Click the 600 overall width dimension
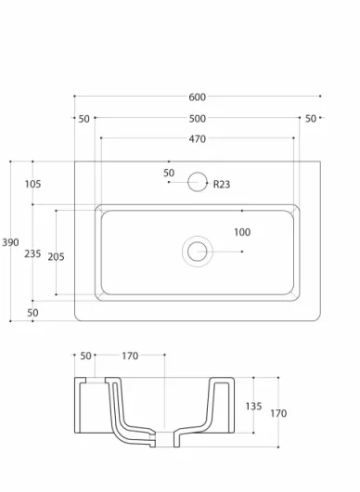tap(197, 97)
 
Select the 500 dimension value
tap(197, 119)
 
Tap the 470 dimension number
tap(197, 139)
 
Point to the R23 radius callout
tap(222, 184)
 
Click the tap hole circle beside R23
tap(197, 182)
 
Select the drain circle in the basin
tap(197, 250)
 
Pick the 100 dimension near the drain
tap(242, 232)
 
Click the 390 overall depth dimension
tap(10, 242)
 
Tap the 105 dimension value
tap(32, 184)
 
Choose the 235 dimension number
tap(32, 253)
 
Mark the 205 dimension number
tap(56, 257)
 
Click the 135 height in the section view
tap(252, 407)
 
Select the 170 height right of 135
tap(278, 414)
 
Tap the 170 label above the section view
tap(130, 356)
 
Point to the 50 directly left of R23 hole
tap(169, 173)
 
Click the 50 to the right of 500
tap(311, 119)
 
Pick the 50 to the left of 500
tap(84, 119)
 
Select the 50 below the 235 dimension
tap(32, 313)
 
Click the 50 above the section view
tap(86, 356)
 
